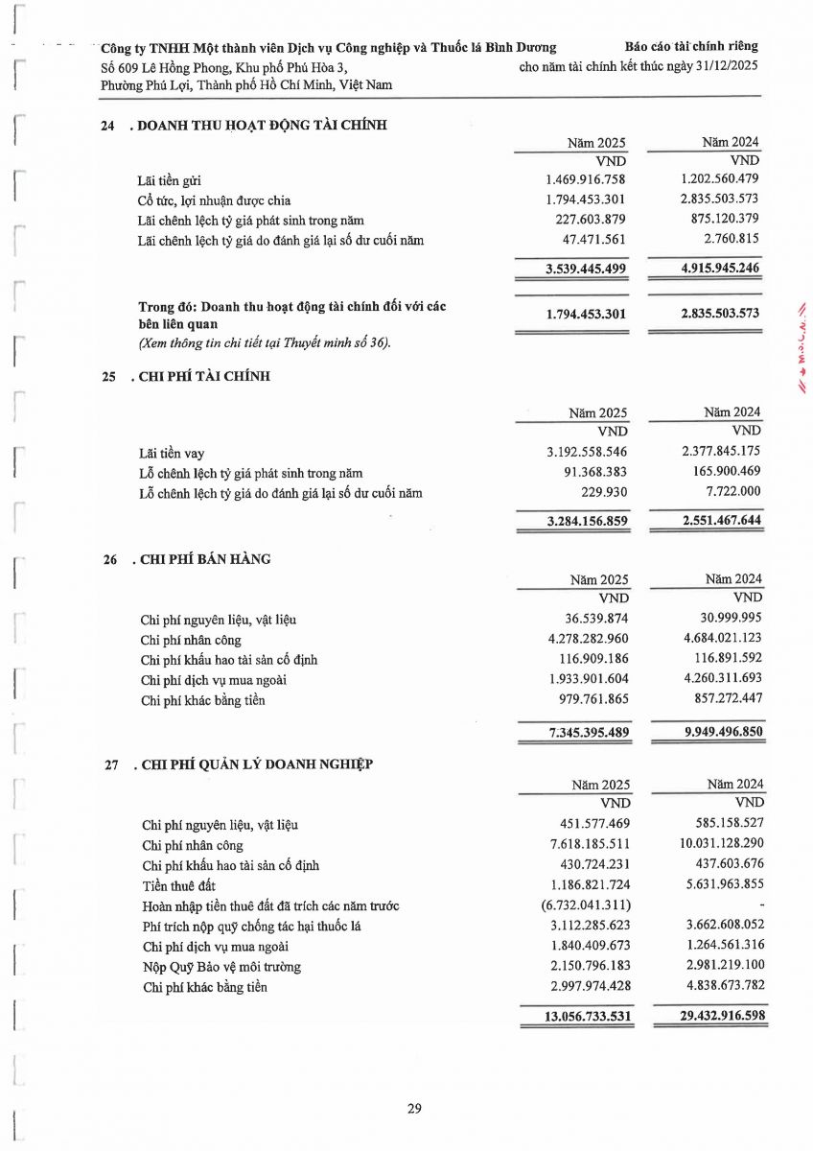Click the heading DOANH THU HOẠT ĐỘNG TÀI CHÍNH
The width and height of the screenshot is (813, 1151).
(x=263, y=124)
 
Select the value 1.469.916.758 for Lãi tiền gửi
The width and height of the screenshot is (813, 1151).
(x=586, y=180)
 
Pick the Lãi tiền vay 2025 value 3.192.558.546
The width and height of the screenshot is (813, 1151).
(x=586, y=453)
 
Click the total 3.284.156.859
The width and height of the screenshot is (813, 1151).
(x=586, y=522)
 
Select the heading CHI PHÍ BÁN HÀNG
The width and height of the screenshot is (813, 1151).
(x=205, y=559)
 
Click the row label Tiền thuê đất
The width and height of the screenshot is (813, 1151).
(x=178, y=885)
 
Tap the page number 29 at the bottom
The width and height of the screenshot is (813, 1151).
(x=414, y=1109)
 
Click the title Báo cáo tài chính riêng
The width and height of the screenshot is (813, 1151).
(x=690, y=46)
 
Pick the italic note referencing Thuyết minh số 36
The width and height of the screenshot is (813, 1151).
(x=265, y=343)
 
